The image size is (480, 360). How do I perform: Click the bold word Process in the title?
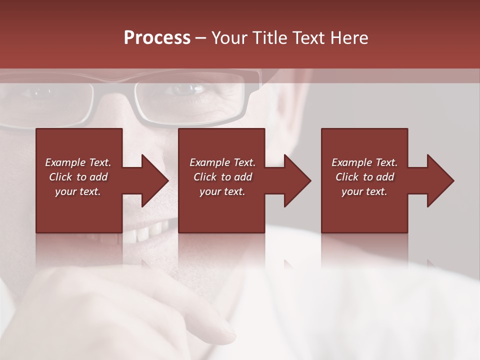157,38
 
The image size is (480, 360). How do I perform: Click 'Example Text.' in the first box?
78,162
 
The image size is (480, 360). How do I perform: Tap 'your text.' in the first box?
78,191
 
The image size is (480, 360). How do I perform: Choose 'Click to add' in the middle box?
222,177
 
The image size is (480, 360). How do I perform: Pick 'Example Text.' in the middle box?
222,162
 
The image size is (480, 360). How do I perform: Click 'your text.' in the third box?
364,191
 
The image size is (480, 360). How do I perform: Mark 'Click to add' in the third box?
364,177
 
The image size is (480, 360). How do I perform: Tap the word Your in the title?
230,38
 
